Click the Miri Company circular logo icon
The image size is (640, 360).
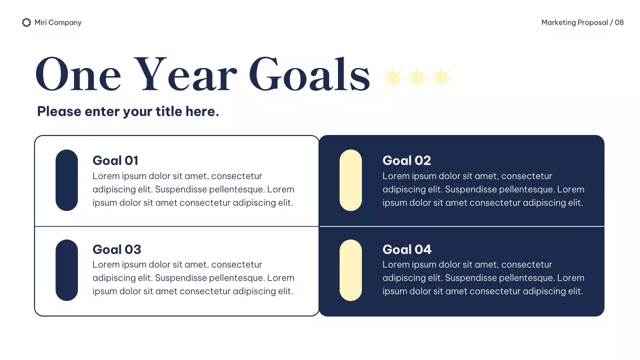pos(26,22)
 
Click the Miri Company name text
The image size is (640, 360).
pos(58,22)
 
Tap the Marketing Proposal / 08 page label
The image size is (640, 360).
pos(582,22)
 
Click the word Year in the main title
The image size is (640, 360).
pos(185,75)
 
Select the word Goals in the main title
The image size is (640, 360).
pos(309,75)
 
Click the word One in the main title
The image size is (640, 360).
pos(78,75)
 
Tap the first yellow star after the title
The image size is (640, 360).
pos(393,78)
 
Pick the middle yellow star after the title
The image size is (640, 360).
pos(417,78)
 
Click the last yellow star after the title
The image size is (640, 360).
pos(441,78)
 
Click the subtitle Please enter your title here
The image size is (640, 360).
pos(128,111)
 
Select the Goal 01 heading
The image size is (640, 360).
pos(115,160)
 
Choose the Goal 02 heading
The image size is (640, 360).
pos(406,160)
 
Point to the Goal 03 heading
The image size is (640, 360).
pos(117,249)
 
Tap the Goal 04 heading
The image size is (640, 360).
pos(407,249)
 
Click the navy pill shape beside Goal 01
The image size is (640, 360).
pos(66,180)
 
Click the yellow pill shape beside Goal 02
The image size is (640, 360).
pos(350,180)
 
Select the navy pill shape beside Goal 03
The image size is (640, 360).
pos(66,270)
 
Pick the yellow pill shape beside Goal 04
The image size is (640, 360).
pos(350,270)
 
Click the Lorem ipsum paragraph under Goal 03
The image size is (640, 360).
pos(193,278)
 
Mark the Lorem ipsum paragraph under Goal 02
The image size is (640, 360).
pos(483,189)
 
